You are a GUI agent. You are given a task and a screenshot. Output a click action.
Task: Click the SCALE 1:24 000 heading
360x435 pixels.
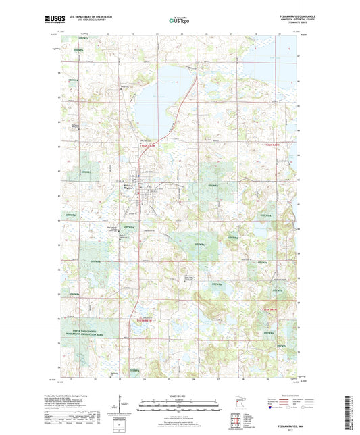(x=179, y=395)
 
